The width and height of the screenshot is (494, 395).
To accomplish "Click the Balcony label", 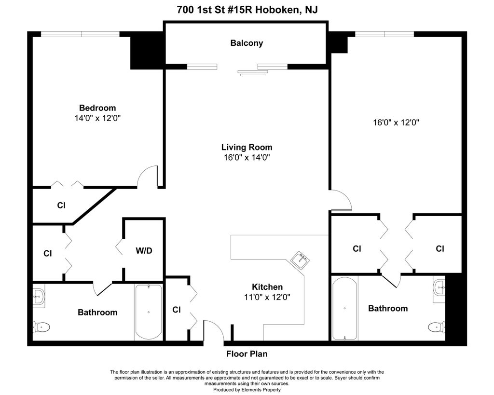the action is click(247, 43).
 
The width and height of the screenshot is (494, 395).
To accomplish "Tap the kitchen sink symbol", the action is click(300, 260).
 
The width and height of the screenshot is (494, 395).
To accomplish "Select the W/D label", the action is click(144, 251).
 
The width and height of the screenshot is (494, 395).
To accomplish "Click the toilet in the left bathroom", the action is click(41, 327).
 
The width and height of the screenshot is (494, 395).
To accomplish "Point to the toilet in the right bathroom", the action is click(437, 327).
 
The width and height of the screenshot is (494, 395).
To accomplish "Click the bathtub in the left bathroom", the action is click(149, 312).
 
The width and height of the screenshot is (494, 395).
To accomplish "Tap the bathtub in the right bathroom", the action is click(345, 308).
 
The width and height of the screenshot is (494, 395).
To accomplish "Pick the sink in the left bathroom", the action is click(39, 296).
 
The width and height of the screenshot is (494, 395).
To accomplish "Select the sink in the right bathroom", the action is click(439, 287).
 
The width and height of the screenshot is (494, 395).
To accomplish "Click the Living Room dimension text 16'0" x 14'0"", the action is click(247, 158).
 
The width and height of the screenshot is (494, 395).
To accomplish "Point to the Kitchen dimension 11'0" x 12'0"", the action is click(267, 297).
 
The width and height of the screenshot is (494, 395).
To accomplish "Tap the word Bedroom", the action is click(97, 108).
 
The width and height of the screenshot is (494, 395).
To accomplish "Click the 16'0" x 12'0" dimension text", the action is click(396, 123).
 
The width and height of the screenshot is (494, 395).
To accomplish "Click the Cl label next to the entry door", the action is click(177, 310).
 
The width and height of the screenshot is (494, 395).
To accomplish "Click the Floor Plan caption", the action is click(247, 354).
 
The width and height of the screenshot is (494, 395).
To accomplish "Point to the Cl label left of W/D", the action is click(48, 253).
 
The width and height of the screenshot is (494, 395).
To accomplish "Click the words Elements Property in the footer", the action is click(261, 390).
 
